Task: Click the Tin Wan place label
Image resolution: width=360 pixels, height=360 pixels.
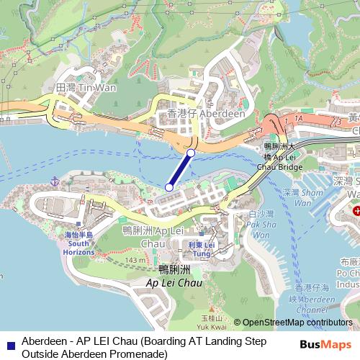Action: (76, 87)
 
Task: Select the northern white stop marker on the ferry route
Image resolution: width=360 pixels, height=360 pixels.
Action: (191, 153)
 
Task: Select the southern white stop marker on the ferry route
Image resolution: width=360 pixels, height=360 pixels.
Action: (169, 187)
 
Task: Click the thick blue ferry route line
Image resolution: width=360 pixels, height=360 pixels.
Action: (180, 170)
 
